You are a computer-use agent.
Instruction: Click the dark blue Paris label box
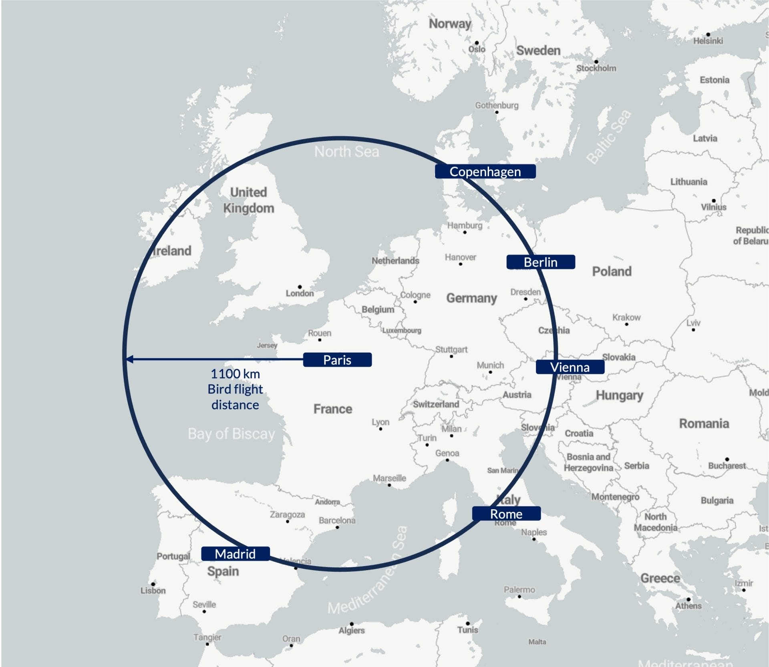(337, 360)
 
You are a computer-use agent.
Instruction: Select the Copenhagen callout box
(485, 171)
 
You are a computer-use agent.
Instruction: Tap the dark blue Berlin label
(541, 262)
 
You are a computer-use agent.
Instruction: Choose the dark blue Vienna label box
(570, 367)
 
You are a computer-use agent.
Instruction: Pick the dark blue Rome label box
(506, 514)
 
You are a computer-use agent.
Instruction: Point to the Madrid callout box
(235, 554)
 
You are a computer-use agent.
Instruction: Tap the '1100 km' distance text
(235, 374)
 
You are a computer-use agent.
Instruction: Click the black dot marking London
(300, 287)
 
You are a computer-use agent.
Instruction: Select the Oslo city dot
(477, 42)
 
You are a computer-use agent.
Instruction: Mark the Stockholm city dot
(596, 62)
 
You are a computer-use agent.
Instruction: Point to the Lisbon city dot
(153, 584)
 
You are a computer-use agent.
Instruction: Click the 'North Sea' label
(346, 152)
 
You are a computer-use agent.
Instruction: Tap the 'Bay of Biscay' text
(232, 434)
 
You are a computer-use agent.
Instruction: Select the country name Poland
(612, 271)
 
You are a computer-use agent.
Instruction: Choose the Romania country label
(704, 424)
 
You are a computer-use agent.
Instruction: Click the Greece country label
(660, 578)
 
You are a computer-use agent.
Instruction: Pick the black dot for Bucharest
(727, 459)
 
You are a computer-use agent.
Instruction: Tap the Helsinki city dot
(708, 34)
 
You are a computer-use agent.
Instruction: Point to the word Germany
(471, 298)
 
